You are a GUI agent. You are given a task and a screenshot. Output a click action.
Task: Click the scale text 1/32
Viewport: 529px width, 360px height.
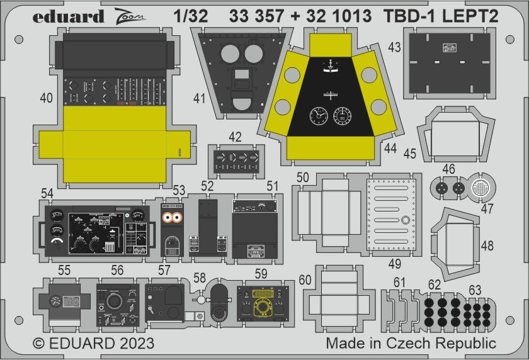(x=188, y=17)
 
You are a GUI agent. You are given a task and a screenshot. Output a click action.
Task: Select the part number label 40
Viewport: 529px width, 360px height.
(x=46, y=98)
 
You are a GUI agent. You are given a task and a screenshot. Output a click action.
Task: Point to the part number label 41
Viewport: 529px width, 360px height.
(x=200, y=98)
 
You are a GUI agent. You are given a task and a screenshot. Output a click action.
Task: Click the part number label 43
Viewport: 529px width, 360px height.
(x=394, y=47)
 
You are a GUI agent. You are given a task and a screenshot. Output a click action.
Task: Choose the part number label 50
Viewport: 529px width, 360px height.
(x=302, y=178)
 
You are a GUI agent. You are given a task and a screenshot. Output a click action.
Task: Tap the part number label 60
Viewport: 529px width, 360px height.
(x=305, y=280)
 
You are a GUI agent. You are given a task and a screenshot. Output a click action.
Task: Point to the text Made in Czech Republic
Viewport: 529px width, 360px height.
(x=411, y=344)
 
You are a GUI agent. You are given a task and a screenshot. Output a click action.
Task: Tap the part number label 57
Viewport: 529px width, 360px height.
(x=164, y=269)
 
